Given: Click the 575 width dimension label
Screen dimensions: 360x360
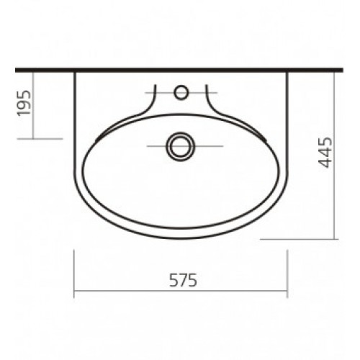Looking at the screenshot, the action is pos(183,280).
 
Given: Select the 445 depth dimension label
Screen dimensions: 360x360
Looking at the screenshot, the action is pos(325,152).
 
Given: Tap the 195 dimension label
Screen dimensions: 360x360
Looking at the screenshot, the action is pos(24,103).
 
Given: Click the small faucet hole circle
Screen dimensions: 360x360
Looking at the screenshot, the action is pos(181,92).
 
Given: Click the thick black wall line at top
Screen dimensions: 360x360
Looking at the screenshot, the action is pos(179,70).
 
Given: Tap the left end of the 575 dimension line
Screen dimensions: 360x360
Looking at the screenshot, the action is pos(74,291).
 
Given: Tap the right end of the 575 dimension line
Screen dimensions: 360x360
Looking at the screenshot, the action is pos(287,291).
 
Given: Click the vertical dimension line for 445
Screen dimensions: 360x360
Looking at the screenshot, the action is pos(334,156).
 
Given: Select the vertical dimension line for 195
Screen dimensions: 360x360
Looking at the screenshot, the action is pos(33,105).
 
